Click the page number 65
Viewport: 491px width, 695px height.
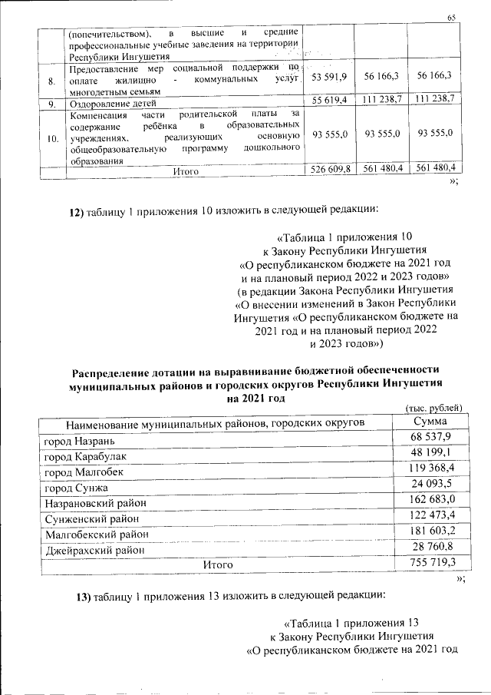(451, 18)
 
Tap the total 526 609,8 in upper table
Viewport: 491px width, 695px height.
(329, 168)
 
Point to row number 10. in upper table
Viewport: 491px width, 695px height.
(51, 137)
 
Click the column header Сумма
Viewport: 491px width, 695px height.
(430, 422)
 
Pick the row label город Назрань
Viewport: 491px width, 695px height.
(81, 441)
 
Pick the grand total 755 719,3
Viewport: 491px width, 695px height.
(432, 563)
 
